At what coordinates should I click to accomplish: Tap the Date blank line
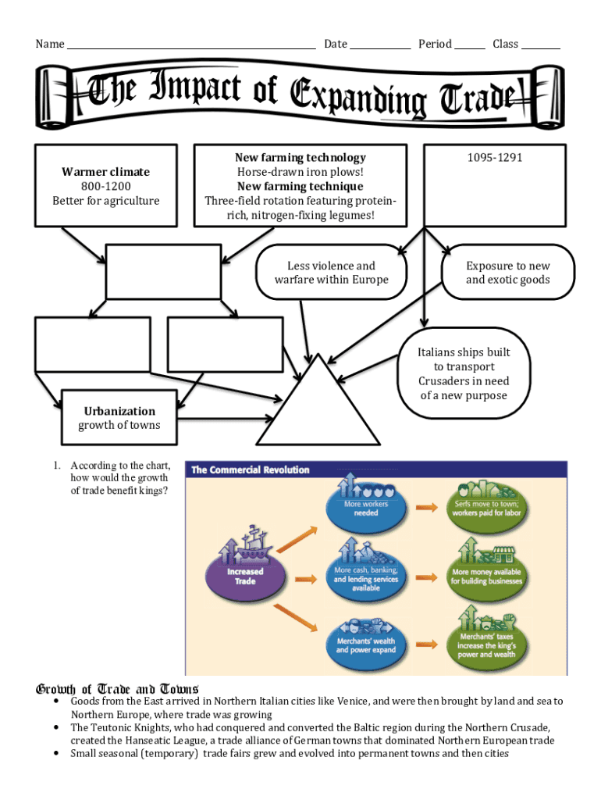pyautogui.click(x=379, y=45)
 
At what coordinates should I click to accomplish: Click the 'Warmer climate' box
pyautogui.click(x=106, y=186)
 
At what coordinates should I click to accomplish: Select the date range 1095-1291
pyautogui.click(x=495, y=158)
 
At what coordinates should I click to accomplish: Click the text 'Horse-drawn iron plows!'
pyautogui.click(x=300, y=172)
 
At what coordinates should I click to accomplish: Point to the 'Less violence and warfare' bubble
pyautogui.click(x=331, y=273)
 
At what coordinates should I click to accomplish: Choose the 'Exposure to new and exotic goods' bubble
pyautogui.click(x=507, y=273)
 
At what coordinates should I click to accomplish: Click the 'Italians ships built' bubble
pyautogui.click(x=464, y=373)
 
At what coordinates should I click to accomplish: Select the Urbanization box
pyautogui.click(x=119, y=418)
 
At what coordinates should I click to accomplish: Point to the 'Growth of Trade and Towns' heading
pyautogui.click(x=117, y=689)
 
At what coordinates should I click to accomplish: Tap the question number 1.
pyautogui.click(x=57, y=466)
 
